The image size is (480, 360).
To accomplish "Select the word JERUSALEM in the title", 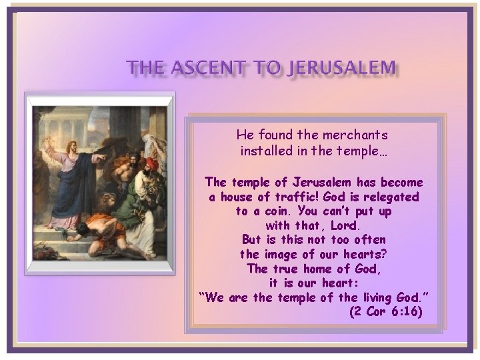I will coord(341,67).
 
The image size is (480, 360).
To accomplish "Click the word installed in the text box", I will coord(266,151).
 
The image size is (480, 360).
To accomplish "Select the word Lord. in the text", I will coord(345,225).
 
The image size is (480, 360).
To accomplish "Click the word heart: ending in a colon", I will coord(341,283).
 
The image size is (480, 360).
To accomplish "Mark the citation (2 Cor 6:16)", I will coord(385,311).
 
